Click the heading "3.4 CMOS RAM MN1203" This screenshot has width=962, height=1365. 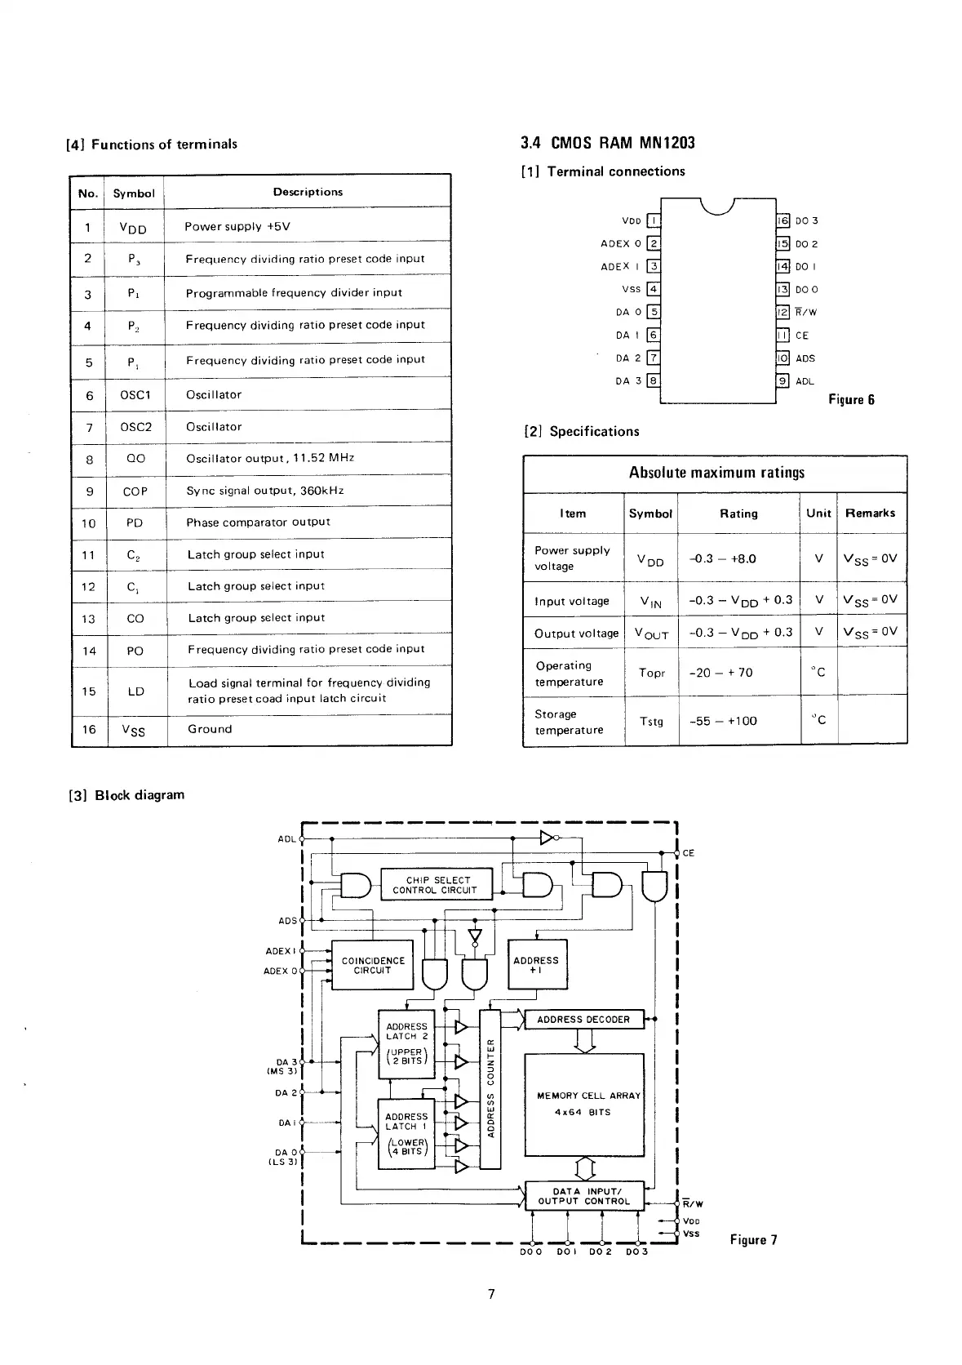click(x=607, y=143)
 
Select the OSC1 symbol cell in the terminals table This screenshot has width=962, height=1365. click(x=135, y=395)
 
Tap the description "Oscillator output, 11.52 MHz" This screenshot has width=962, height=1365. click(x=270, y=458)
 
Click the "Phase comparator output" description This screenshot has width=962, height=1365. click(x=258, y=522)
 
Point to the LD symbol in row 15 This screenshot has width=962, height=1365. click(x=135, y=691)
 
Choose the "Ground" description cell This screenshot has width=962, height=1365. click(x=210, y=729)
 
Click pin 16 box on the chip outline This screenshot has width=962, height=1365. click(x=782, y=220)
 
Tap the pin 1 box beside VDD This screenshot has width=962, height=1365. click(x=653, y=220)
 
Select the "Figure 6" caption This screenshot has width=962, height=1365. click(x=851, y=399)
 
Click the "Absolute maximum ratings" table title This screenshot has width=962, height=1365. click(x=716, y=473)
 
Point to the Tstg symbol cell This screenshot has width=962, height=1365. click(x=651, y=722)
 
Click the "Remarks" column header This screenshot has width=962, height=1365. click(x=870, y=514)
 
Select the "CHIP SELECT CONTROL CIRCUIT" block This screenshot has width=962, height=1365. click(x=437, y=885)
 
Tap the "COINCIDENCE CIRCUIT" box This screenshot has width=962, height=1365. click(x=373, y=966)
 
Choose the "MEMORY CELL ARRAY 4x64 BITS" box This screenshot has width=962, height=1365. click(x=583, y=1105)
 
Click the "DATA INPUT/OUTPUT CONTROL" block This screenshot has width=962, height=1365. click(x=584, y=1196)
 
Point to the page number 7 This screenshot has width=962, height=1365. click(x=491, y=1294)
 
